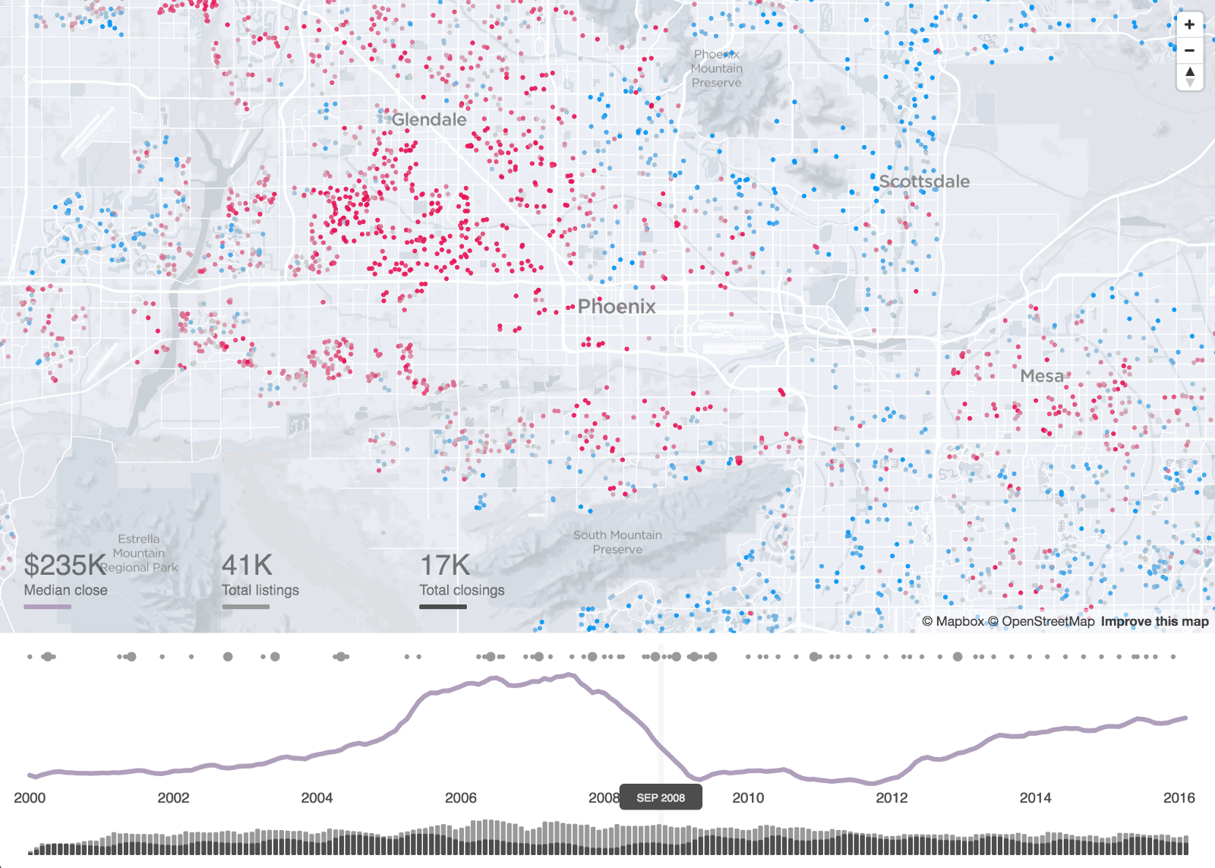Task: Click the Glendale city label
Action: (x=429, y=120)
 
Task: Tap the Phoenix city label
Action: (x=616, y=307)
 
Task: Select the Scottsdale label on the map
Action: (x=924, y=181)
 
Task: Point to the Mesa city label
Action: (x=1042, y=376)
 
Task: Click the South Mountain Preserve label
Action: (x=617, y=542)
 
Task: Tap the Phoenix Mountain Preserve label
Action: (x=717, y=68)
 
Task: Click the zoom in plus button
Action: (x=1189, y=24)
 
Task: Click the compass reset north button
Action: (x=1189, y=76)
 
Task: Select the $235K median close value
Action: (x=65, y=566)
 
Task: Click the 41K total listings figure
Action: (x=247, y=566)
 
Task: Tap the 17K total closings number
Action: (x=445, y=566)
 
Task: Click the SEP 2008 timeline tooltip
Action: (x=661, y=797)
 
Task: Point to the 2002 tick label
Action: (x=173, y=797)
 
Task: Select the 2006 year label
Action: (x=460, y=797)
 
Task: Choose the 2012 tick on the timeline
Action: (x=892, y=797)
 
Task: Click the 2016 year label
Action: (x=1179, y=797)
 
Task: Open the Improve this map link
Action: (x=1154, y=621)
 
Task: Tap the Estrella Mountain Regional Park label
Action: (x=140, y=553)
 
